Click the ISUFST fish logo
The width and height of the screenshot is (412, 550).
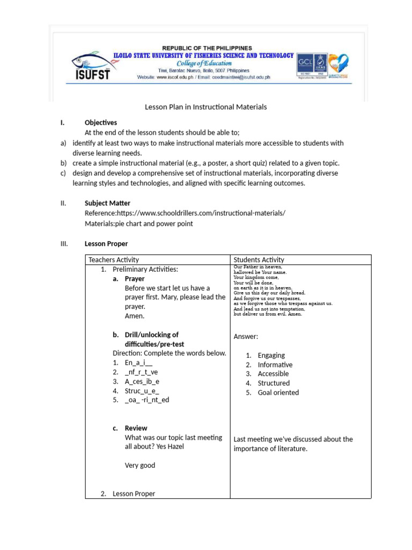point(91,66)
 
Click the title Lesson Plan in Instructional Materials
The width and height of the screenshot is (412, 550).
point(205,107)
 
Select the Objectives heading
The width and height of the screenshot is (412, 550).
point(101,122)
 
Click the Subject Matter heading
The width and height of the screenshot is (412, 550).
point(107,203)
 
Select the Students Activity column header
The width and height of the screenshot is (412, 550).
point(259,260)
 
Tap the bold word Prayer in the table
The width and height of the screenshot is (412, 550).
point(135,279)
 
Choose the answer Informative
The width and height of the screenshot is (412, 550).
point(275,365)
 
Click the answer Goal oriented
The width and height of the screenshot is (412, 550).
point(278,393)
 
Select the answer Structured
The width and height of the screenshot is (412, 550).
point(274,383)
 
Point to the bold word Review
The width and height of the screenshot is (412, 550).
point(136,428)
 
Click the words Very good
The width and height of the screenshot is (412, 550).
point(140,465)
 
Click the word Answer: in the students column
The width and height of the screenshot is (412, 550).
point(246,337)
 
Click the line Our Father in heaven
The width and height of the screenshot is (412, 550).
point(258,267)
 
